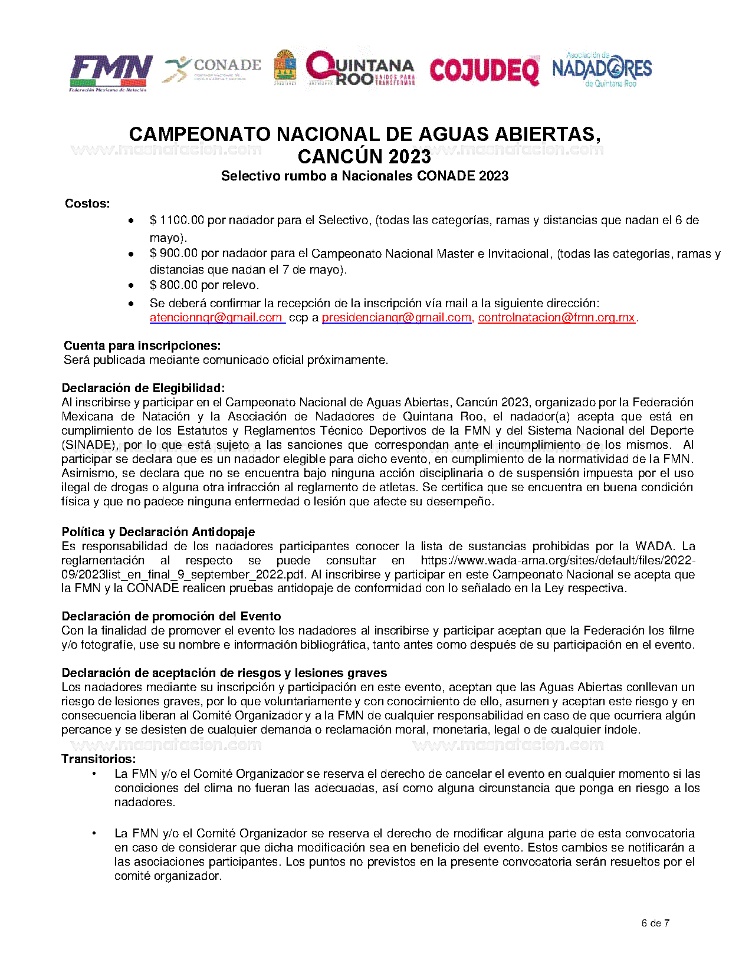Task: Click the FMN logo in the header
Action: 111,73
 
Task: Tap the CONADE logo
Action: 212,69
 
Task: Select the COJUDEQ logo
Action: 484,71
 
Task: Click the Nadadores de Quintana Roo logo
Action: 602,70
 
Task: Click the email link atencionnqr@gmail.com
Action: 216,318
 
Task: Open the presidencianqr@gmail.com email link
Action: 396,318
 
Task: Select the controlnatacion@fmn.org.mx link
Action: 556,318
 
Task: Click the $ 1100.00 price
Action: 176,221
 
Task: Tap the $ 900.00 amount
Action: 173,254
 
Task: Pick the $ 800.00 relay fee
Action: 173,285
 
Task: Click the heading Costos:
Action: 87,204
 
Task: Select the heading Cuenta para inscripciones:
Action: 142,346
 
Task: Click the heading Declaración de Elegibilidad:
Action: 143,389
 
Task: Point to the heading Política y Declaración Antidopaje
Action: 158,532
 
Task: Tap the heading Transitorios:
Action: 98,759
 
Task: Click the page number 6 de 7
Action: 655,923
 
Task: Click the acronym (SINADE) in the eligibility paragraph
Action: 90,445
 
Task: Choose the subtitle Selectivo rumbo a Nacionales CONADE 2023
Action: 364,176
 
